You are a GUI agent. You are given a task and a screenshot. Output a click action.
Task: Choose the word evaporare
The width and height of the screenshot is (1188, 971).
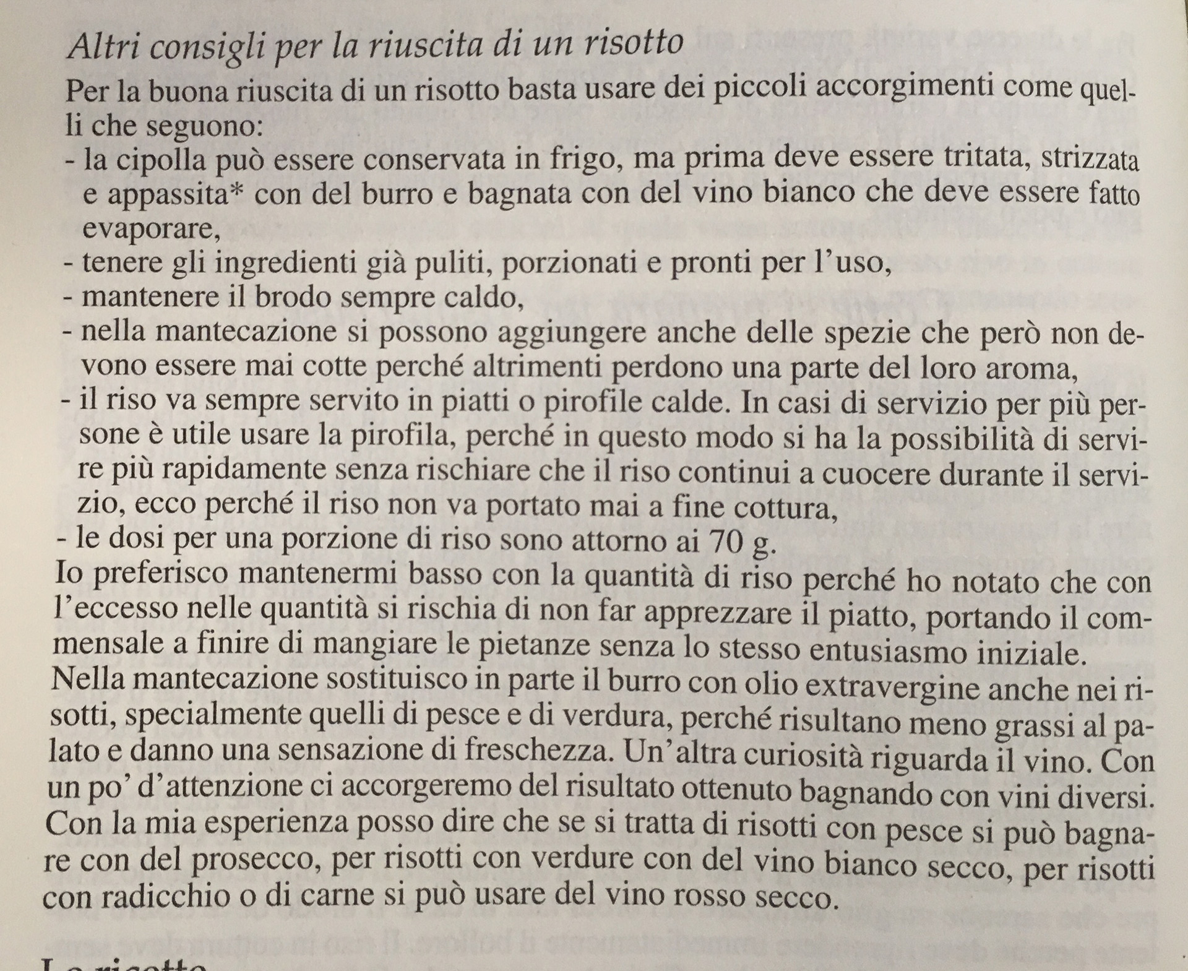tap(150, 230)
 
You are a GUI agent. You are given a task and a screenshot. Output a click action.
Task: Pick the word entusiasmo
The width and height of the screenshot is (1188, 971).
tap(903, 652)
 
